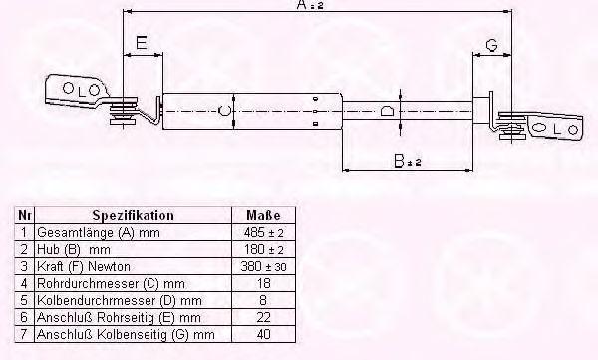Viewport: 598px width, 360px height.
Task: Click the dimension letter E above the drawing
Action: (142, 42)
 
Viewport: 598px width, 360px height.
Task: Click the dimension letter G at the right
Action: (492, 45)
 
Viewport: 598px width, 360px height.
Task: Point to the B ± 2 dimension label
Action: (408, 161)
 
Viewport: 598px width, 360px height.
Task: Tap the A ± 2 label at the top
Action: (310, 5)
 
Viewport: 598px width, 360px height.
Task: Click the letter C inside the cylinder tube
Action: (224, 111)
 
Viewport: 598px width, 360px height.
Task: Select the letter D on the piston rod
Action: (387, 111)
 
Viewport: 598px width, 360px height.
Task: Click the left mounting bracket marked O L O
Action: (77, 90)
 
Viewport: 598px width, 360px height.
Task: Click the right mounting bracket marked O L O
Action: (555, 127)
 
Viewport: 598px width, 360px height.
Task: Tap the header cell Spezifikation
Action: (134, 215)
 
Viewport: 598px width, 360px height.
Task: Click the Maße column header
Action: (263, 215)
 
